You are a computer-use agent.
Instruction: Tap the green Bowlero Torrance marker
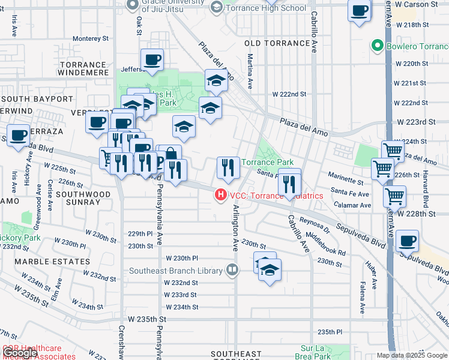pyautogui.click(x=377, y=46)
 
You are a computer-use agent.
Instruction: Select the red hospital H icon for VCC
pyautogui.click(x=221, y=195)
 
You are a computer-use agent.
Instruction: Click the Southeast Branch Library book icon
pyautogui.click(x=232, y=270)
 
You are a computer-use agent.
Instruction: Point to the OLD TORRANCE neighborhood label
pyautogui.click(x=277, y=44)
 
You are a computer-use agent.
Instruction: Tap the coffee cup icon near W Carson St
pyautogui.click(x=360, y=11)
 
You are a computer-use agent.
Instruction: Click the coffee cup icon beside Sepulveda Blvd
pyautogui.click(x=408, y=241)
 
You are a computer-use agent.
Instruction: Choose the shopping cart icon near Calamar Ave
pyautogui.click(x=394, y=196)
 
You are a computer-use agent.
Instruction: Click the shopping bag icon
pyautogui.click(x=171, y=154)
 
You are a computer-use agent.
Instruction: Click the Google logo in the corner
pyautogui.click(x=20, y=353)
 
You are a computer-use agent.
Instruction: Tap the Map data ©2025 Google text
pyautogui.click(x=412, y=355)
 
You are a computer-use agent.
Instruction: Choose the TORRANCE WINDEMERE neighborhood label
pyautogui.click(x=83, y=68)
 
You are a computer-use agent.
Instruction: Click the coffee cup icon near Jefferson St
pyautogui.click(x=152, y=59)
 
